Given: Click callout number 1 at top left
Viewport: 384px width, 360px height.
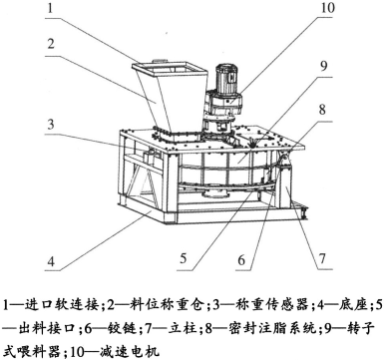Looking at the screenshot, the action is click(x=50, y=8).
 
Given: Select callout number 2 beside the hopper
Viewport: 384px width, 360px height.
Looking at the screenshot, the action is click(x=51, y=44).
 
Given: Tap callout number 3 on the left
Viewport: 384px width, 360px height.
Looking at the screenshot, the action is click(x=51, y=124).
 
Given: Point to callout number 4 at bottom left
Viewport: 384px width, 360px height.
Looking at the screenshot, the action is click(x=51, y=261).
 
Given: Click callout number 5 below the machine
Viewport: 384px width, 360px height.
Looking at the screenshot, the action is click(x=184, y=258).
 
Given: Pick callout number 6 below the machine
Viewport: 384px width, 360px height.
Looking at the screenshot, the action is click(x=241, y=259).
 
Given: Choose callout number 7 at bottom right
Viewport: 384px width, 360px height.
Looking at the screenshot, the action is click(x=322, y=258).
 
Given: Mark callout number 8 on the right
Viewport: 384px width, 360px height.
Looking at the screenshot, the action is click(x=322, y=110).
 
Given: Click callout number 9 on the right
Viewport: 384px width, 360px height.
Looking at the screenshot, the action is click(x=323, y=66).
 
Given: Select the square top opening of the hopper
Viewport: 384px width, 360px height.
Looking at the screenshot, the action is click(x=171, y=69).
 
